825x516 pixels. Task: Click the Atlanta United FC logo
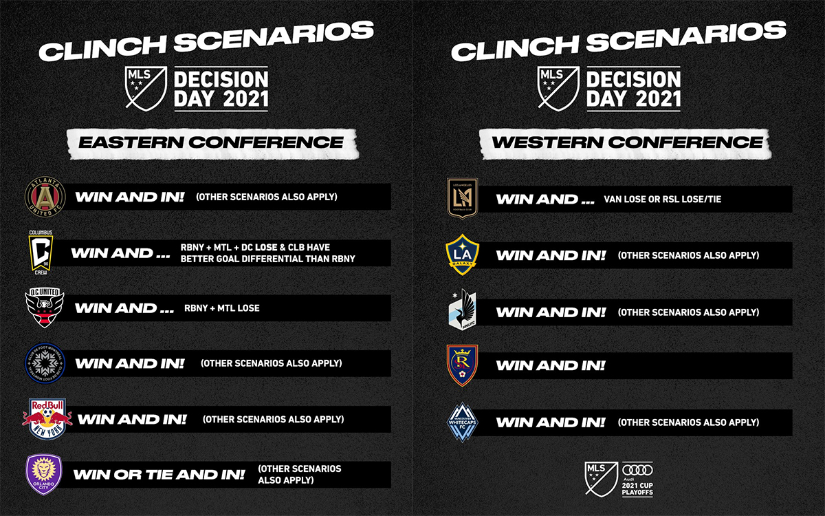click(x=45, y=196)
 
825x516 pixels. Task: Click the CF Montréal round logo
click(x=45, y=363)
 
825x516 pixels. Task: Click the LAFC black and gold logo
click(x=462, y=199)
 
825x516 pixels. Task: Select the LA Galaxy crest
click(x=462, y=255)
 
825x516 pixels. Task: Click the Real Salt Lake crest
click(x=462, y=365)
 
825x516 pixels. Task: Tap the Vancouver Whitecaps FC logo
click(x=462, y=422)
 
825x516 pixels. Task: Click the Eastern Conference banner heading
click(x=210, y=142)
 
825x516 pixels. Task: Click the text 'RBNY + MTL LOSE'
click(x=221, y=308)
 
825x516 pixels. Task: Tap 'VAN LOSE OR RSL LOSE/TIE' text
click(x=662, y=200)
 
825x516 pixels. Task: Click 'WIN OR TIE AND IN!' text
click(x=159, y=475)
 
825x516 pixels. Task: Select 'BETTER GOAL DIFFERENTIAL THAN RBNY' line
click(x=268, y=259)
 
